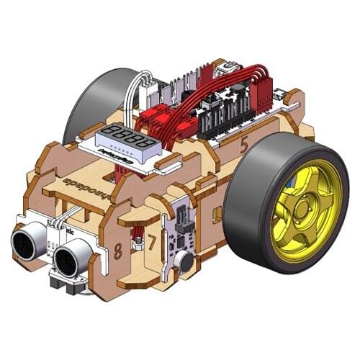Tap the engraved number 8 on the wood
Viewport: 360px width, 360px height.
pyautogui.click(x=117, y=251)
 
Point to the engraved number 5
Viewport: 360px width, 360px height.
pyautogui.click(x=244, y=144)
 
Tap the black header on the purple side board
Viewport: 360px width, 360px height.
pyautogui.click(x=181, y=216)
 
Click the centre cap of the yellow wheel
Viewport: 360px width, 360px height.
pyautogui.click(x=302, y=210)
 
